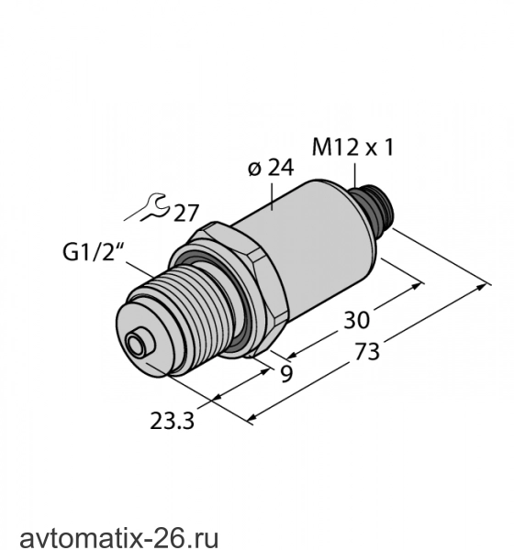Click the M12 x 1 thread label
click(x=353, y=148)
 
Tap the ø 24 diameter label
click(x=271, y=168)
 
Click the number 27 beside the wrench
click(x=186, y=213)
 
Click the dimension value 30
click(x=357, y=320)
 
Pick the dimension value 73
click(x=367, y=352)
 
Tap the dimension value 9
click(x=286, y=374)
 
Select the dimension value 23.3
click(x=172, y=421)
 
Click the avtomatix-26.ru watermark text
click(x=118, y=538)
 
